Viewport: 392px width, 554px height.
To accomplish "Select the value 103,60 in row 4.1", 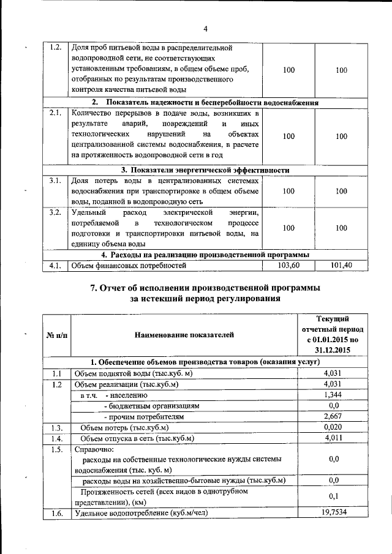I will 288,265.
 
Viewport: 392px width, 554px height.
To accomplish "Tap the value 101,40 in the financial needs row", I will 341,265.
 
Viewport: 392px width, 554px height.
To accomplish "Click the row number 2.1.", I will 55,113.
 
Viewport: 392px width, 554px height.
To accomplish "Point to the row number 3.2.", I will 55,212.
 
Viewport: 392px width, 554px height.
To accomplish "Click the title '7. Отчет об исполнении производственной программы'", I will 205,287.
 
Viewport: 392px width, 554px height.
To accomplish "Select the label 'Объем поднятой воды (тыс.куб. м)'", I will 133,373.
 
